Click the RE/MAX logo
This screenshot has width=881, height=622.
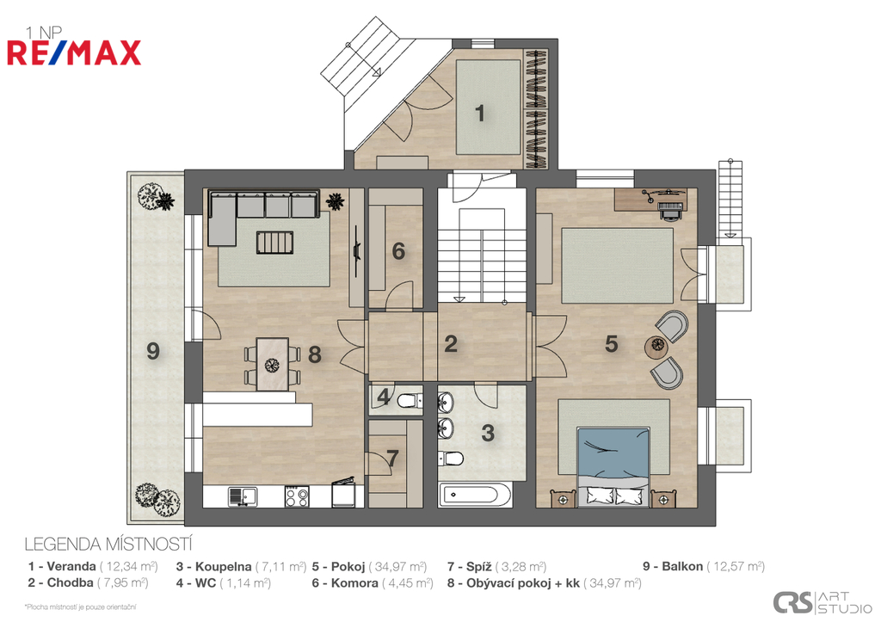coord(74,52)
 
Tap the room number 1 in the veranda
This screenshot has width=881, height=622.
coord(479,113)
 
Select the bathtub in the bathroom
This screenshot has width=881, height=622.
coord(475,496)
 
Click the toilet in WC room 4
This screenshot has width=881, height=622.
coord(407,401)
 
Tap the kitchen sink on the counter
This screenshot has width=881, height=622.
coord(242,496)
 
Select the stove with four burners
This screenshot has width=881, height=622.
coord(297,496)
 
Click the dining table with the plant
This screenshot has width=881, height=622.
coord(273,364)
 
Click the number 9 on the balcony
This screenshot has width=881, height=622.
coord(153,351)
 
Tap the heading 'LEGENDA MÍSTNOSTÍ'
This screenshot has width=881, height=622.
coord(108,544)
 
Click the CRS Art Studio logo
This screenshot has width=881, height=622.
coord(822,602)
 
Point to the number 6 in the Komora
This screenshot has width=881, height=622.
coord(398,251)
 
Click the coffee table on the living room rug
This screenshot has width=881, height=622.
coord(275,243)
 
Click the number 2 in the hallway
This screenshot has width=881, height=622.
coord(451,344)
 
